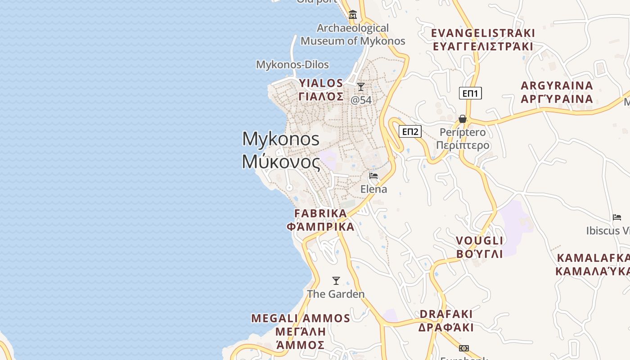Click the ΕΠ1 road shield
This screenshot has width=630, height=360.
[470, 93]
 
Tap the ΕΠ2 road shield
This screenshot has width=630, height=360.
[410, 131]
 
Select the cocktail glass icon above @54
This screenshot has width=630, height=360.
[361, 86]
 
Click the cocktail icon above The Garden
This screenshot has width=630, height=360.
[336, 281]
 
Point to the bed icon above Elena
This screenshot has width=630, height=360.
[373, 176]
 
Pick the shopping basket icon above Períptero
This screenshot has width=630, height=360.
[462, 119]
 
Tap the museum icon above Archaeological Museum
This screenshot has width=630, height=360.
[353, 15]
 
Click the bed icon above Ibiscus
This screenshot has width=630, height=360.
[617, 217]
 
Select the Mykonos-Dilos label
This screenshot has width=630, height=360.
[292, 64]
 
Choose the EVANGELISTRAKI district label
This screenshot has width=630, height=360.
[483, 33]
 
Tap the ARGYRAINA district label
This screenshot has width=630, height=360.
[557, 85]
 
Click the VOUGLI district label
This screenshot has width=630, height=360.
[479, 240]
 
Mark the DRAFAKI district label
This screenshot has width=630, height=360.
[446, 314]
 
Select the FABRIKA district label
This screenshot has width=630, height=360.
[320, 213]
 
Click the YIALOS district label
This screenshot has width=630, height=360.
[321, 83]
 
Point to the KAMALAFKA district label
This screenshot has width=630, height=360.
[593, 258]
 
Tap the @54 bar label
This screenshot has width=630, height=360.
[361, 100]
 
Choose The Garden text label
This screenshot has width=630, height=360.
[336, 294]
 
